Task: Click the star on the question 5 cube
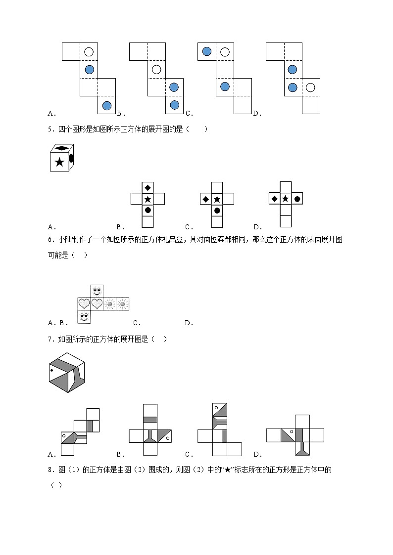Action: pos(59,162)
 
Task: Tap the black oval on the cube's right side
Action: pos(71,158)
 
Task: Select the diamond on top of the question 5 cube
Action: pos(61,148)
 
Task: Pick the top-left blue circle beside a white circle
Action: pos(207,51)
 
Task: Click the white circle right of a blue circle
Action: pos(310,87)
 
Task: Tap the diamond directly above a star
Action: pos(147,187)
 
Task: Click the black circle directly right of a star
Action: pos(297,199)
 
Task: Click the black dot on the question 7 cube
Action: pos(51,370)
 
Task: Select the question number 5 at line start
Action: pos(49,129)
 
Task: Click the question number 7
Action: pos(49,339)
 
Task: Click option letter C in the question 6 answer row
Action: pos(137,323)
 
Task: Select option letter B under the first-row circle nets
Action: pos(119,113)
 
